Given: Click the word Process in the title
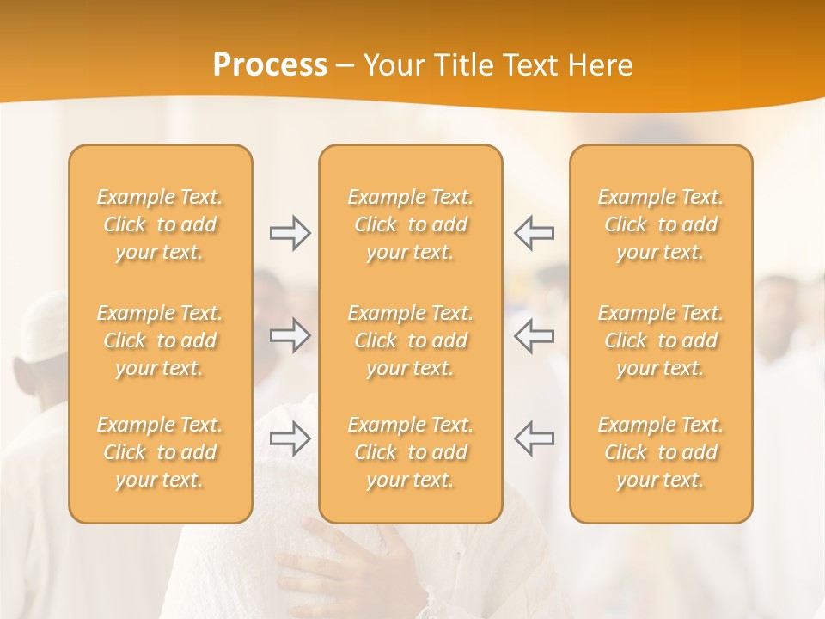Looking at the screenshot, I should [x=270, y=65].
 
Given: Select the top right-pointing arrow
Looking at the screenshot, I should [x=290, y=233].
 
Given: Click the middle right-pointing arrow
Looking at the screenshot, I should [x=290, y=335].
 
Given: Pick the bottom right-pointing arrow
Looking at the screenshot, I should [x=290, y=438].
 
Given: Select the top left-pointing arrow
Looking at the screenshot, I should [x=535, y=233].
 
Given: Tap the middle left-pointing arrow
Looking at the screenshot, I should [x=535, y=335].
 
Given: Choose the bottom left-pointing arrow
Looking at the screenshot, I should [x=535, y=438].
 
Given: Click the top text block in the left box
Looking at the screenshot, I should [x=160, y=224].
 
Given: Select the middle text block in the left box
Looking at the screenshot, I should [x=160, y=340].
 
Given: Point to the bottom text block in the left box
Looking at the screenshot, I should [x=160, y=452].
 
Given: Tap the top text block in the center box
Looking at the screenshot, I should [x=411, y=224].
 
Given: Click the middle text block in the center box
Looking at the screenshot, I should [x=411, y=340].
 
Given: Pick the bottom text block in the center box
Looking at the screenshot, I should [x=411, y=452].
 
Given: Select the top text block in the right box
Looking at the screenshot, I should [x=661, y=224].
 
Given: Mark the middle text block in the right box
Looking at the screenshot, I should [x=661, y=340].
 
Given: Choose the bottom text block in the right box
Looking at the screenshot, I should [x=661, y=452].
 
